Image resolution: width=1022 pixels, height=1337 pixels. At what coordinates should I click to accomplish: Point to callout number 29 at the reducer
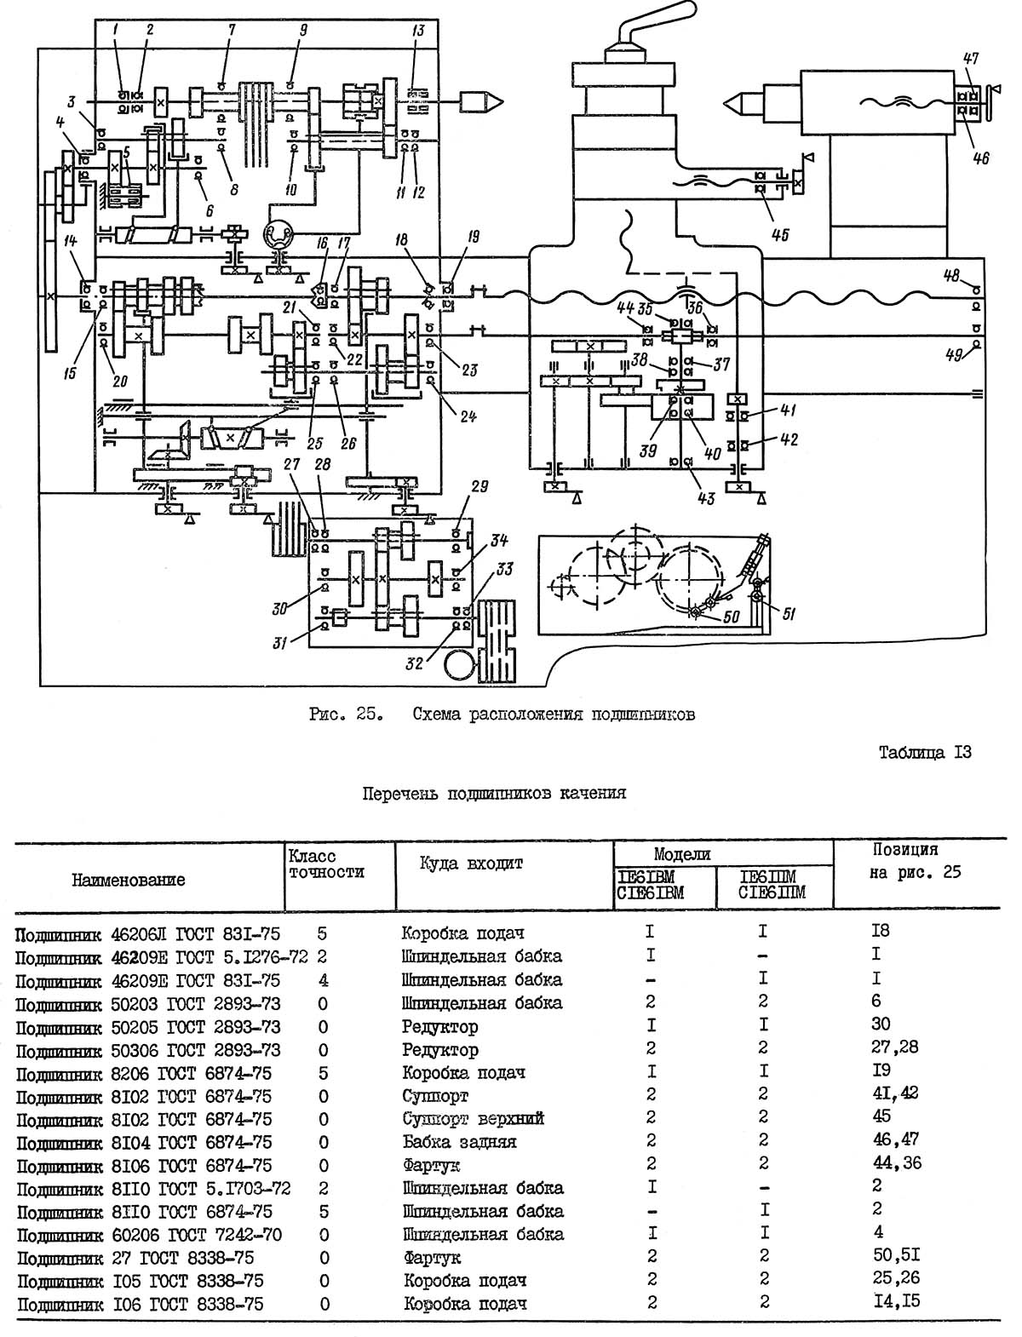[x=480, y=486]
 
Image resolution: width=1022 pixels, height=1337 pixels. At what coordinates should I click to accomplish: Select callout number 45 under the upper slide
[x=779, y=234]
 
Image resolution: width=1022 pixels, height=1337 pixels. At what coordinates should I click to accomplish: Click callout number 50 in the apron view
[x=732, y=617]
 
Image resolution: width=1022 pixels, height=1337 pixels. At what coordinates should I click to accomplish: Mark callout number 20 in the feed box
[x=119, y=381]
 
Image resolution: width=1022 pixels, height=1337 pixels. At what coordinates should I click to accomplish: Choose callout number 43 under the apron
[x=706, y=498]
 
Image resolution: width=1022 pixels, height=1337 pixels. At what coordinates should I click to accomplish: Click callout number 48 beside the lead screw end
[x=951, y=275]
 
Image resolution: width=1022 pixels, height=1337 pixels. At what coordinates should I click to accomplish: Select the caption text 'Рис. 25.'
[x=347, y=714]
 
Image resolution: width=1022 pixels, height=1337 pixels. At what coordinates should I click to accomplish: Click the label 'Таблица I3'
[x=925, y=753]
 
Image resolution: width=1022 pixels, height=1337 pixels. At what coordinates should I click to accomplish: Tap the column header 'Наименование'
[x=128, y=880]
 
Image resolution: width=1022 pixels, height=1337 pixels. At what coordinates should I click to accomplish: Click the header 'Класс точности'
[x=326, y=864]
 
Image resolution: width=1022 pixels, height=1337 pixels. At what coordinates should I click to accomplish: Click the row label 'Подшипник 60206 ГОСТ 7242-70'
[x=150, y=1235]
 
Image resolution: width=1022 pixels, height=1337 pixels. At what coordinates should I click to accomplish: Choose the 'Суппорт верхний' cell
[x=474, y=1118]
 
